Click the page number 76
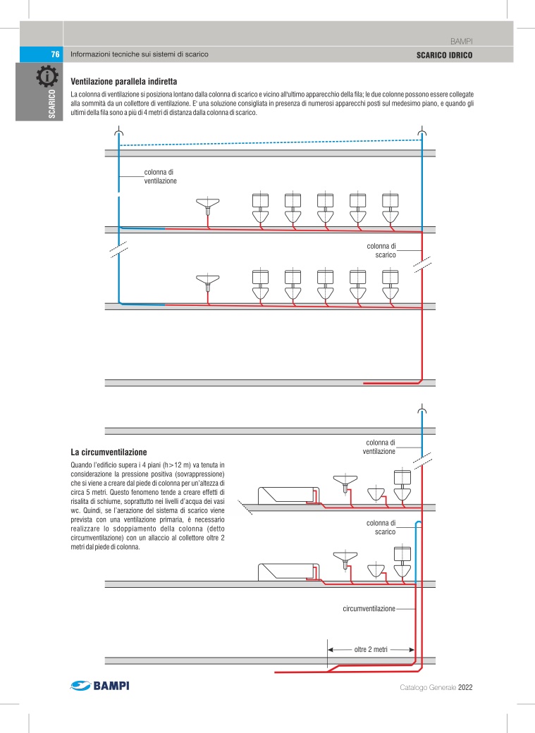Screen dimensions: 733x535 54,54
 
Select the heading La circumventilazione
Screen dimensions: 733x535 109,450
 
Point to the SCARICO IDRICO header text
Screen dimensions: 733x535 444,54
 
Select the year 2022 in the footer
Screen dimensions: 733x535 469,688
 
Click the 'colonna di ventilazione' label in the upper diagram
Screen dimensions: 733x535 160,176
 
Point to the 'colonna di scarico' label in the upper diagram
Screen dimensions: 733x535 381,250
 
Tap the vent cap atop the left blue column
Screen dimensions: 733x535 119,133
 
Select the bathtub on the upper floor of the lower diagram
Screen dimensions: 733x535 288,494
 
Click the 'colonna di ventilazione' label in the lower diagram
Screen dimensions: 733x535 379,447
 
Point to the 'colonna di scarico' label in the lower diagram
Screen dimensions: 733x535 381,527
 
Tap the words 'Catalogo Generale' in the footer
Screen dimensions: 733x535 427,688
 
